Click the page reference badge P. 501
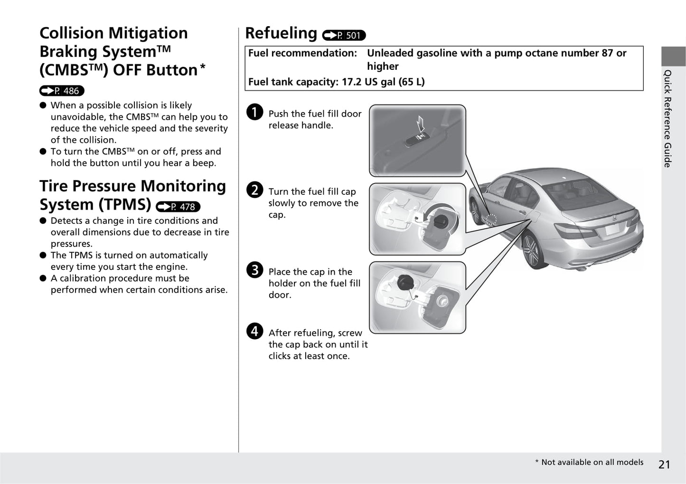tap(344, 35)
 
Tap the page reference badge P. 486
tap(62, 91)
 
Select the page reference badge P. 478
tap(178, 207)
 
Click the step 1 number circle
tap(255, 112)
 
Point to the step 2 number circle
tap(255, 190)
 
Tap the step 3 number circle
tap(255, 270)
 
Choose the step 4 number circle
tap(255, 331)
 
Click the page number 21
tap(664, 465)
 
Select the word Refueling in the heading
tap(281, 33)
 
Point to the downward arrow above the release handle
tap(420, 125)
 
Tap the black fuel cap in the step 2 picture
tap(441, 221)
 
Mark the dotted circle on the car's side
tap(491, 219)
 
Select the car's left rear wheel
tap(531, 250)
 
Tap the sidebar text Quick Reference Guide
tap(667, 119)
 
